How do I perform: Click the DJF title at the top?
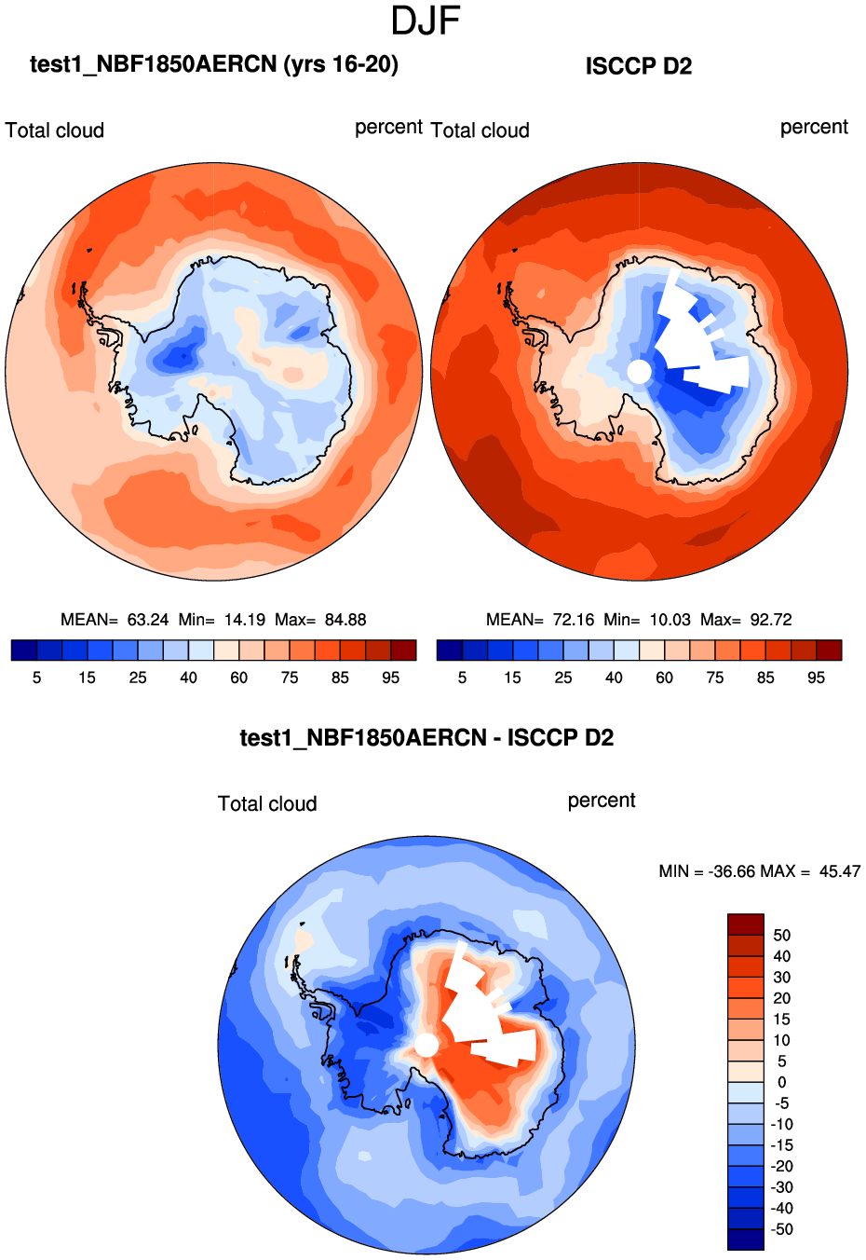click(426, 21)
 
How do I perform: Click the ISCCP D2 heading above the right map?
click(638, 66)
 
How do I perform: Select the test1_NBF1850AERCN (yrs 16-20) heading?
click(214, 64)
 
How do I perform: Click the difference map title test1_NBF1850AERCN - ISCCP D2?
click(426, 738)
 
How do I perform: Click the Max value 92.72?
click(770, 620)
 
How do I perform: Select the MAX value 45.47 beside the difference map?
click(839, 871)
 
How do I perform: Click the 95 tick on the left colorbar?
click(390, 678)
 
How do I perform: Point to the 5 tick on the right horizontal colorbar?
click(462, 678)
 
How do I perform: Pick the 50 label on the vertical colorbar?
click(781, 935)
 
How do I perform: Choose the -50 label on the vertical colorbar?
click(781, 1229)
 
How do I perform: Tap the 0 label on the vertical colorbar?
click(781, 1082)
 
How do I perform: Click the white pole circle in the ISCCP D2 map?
click(639, 372)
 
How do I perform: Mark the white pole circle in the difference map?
click(426, 1045)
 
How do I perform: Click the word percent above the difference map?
click(602, 801)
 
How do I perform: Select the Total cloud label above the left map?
click(55, 130)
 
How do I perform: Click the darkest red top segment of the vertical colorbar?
click(745, 924)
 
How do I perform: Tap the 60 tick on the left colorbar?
click(238, 678)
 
